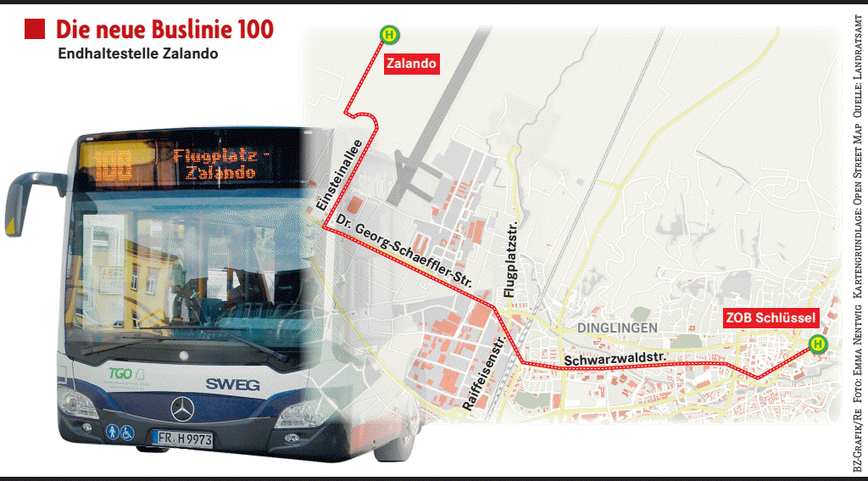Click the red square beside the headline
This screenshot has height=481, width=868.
tap(35, 30)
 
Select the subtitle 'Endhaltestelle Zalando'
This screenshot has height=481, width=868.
tap(138, 53)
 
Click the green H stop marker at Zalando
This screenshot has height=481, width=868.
tap(389, 35)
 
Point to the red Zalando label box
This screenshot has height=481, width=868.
tap(412, 63)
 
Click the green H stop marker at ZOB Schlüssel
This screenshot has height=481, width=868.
tap(817, 344)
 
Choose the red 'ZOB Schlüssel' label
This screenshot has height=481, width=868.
tap(771, 319)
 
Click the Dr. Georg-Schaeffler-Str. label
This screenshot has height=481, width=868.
tap(403, 250)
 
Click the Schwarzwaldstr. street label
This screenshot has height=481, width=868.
tap(616, 358)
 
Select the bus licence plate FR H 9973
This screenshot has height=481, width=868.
tap(183, 439)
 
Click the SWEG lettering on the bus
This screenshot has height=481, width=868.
tap(232, 384)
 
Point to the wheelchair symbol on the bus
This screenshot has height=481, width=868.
tap(127, 433)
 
